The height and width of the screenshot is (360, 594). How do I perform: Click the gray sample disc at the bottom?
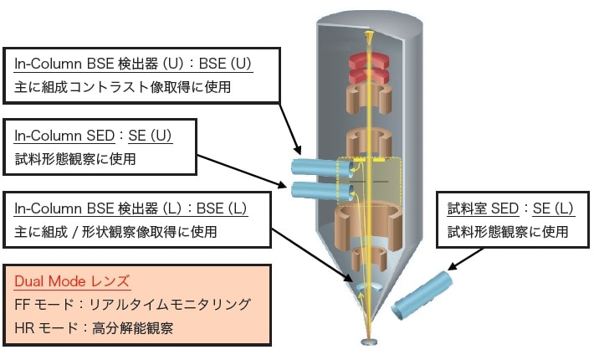[x=369, y=342]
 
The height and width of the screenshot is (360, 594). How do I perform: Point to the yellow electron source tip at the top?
[x=368, y=39]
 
